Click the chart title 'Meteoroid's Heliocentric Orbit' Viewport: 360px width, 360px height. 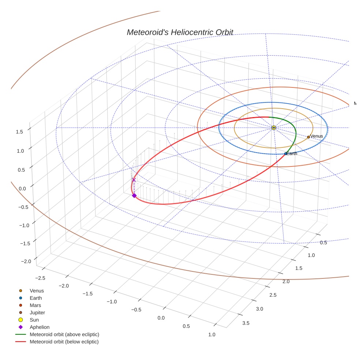pos(180,32)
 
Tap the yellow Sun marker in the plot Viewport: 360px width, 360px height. pos(274,127)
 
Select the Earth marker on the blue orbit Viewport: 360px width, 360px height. pos(286,154)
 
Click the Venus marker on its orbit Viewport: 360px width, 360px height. pos(308,137)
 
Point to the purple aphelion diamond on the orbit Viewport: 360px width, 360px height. pos(134,196)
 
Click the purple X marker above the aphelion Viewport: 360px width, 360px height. pos(134,180)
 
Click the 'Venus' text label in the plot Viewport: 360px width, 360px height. pos(317,136)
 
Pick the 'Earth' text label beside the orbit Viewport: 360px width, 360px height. pos(292,154)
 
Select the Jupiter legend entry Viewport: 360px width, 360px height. pos(37,312)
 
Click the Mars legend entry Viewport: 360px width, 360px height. pos(35,305)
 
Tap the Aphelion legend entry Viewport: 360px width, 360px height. pos(39,327)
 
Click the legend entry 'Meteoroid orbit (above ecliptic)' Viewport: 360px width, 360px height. pos(64,334)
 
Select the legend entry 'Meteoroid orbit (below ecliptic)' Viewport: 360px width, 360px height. pos(64,342)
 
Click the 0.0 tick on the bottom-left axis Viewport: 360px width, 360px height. pos(161,318)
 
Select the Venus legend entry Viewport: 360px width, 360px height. pos(36,290)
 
